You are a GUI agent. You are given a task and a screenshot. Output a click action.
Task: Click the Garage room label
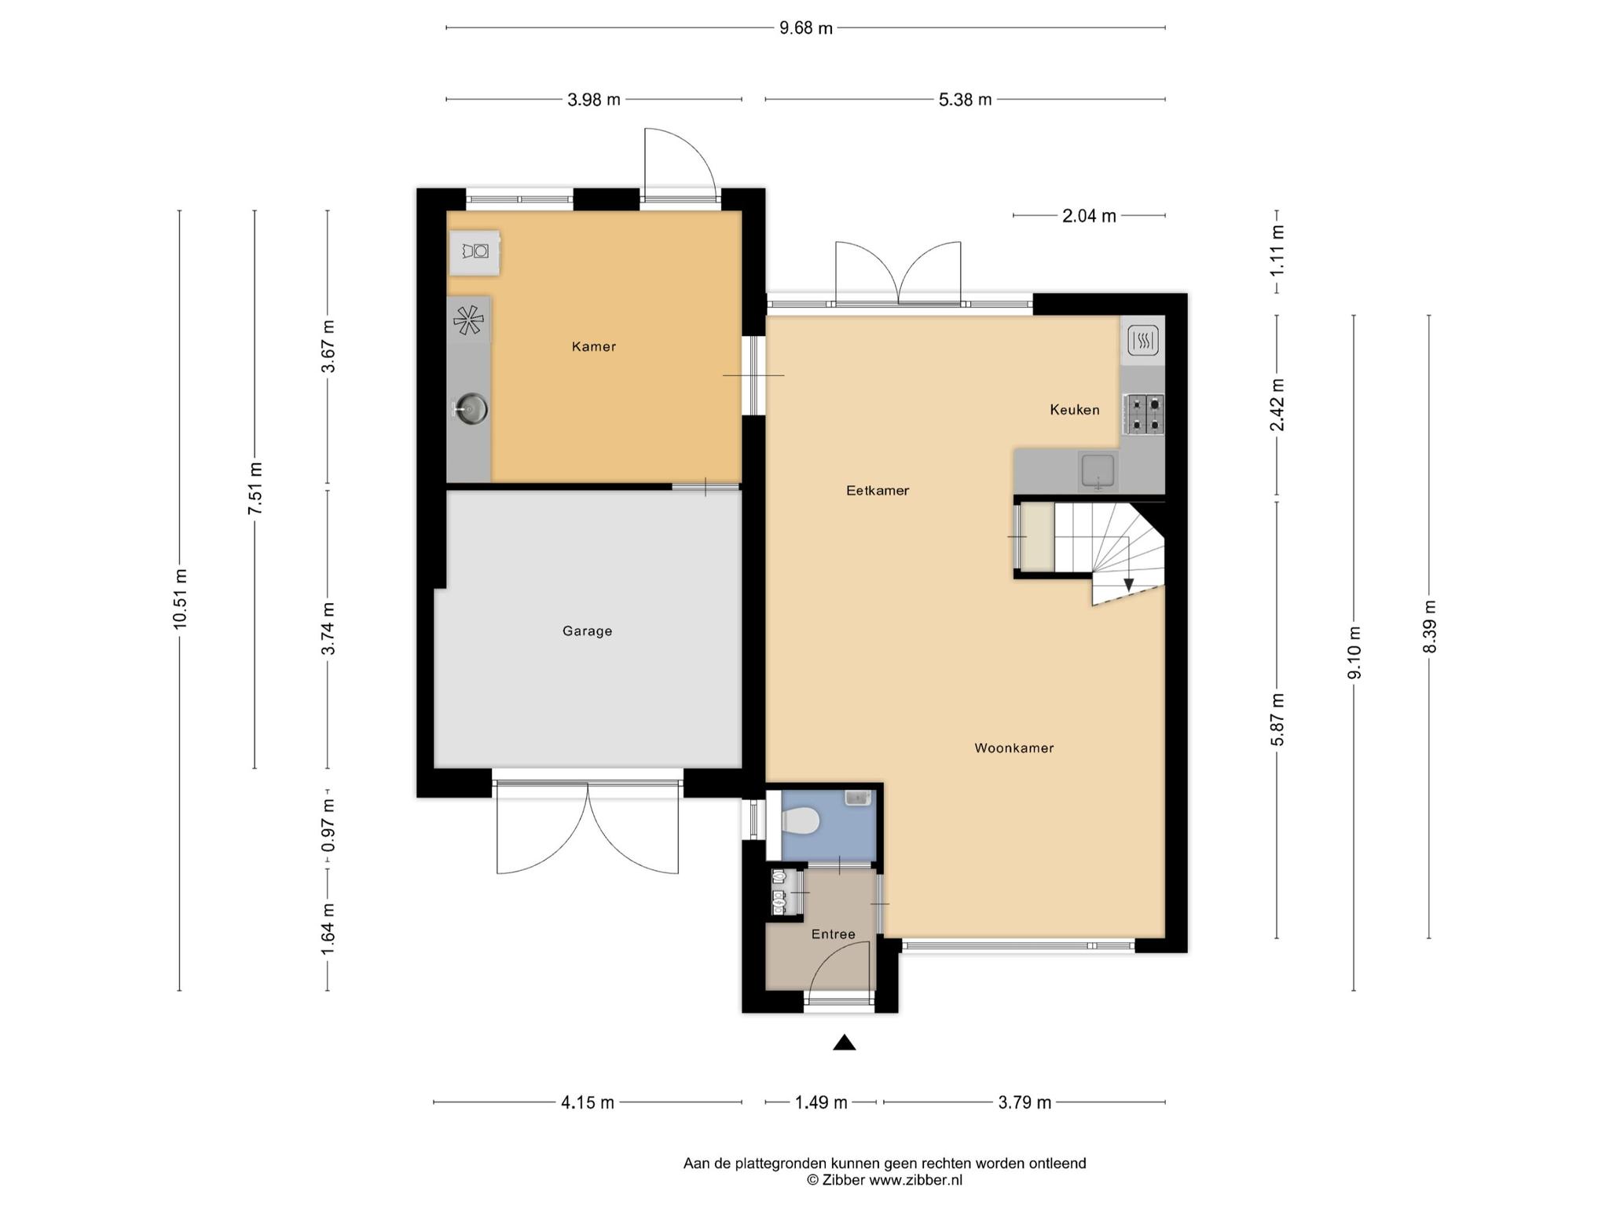coord(587,630)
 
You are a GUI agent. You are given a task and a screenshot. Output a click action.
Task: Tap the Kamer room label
coord(594,346)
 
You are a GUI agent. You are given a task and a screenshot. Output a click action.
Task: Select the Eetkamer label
coord(878,491)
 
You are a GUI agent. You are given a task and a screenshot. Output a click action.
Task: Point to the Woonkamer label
coord(1014,748)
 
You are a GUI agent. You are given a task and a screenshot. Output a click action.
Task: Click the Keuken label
coord(1075,410)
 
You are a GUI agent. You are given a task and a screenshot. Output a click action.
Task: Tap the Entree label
coord(834,934)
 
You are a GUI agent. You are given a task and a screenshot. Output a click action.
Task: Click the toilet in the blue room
coord(802,822)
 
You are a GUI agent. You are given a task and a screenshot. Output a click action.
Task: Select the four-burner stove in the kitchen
coord(1144,414)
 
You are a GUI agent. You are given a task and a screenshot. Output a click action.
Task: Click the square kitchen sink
coord(1098,470)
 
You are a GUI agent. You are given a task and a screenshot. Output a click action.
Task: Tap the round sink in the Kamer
coord(472,408)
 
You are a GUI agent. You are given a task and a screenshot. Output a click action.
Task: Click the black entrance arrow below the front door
coord(845,1042)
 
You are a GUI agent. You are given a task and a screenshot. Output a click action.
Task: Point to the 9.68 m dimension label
coord(806,28)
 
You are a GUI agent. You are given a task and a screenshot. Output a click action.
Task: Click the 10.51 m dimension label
coord(180,598)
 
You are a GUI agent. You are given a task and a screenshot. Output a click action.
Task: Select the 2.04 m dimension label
coord(1089,216)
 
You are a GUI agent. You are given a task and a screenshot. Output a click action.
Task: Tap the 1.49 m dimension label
coord(821,1102)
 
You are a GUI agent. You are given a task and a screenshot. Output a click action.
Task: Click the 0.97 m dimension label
coord(328,825)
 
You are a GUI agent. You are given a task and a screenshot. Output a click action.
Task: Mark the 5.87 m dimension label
coord(1277,720)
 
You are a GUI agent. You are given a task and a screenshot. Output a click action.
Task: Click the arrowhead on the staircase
coord(1129,585)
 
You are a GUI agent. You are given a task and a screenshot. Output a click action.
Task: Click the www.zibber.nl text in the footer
coord(915,1180)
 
